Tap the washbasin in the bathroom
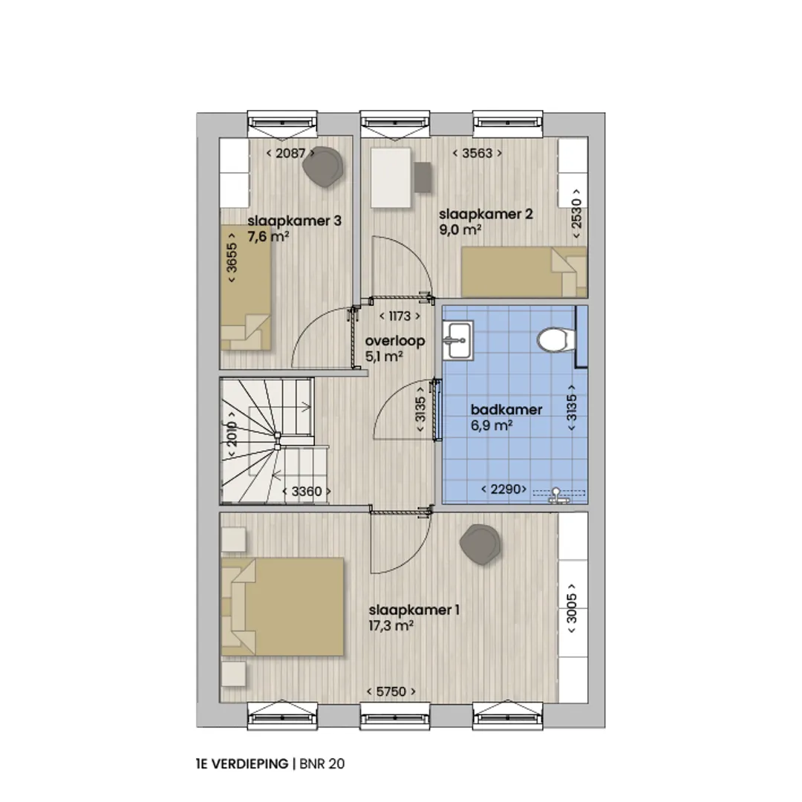(x=457, y=340)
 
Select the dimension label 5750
(x=391, y=691)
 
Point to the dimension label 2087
(x=290, y=153)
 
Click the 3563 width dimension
(x=477, y=153)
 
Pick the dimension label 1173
(x=400, y=316)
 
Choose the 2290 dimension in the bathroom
(x=504, y=489)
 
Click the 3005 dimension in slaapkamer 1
(x=572, y=608)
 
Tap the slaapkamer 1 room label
(x=414, y=610)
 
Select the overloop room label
(x=395, y=341)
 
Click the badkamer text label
(x=506, y=410)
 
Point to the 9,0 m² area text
(x=460, y=229)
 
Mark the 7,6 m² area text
(x=269, y=237)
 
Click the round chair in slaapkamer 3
(x=323, y=167)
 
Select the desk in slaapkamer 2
(x=391, y=177)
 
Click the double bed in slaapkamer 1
(x=282, y=607)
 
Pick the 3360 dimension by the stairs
(x=307, y=492)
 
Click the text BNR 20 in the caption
(x=322, y=764)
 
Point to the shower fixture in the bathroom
(x=556, y=495)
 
